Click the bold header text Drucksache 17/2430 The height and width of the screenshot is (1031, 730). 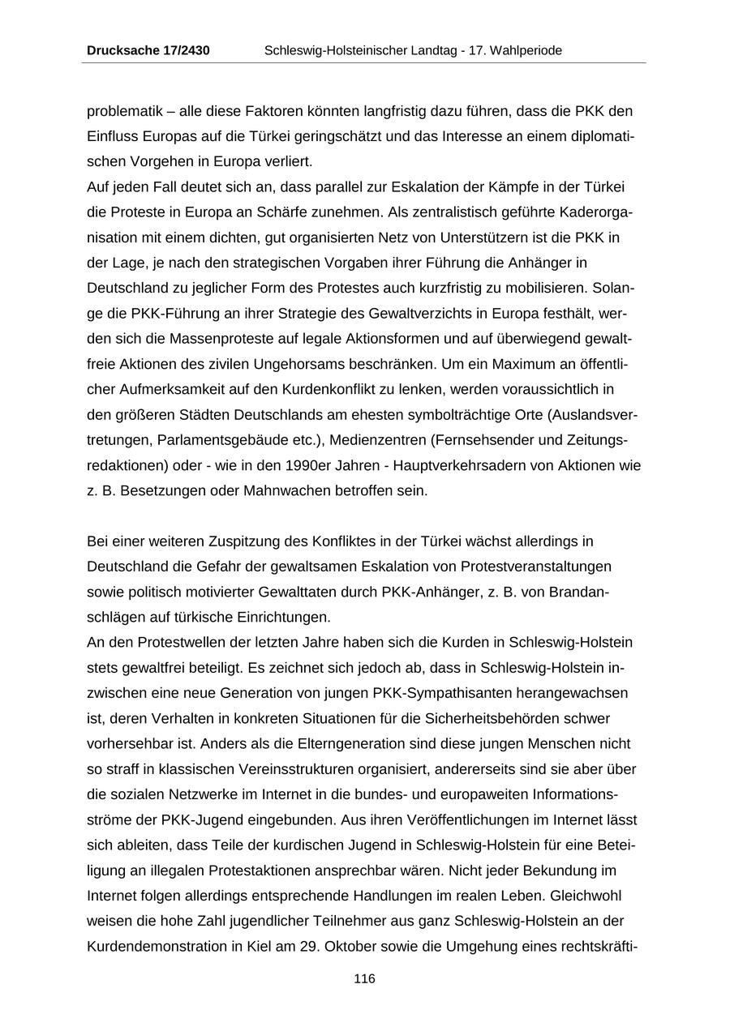click(148, 50)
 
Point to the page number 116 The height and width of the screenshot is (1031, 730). click(364, 978)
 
